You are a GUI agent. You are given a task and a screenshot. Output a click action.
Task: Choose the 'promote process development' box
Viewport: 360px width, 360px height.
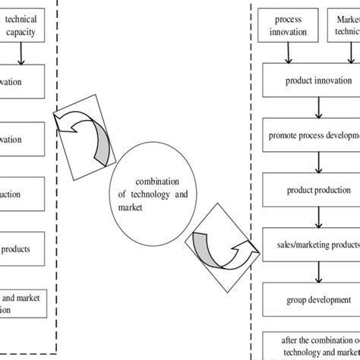click(311, 137)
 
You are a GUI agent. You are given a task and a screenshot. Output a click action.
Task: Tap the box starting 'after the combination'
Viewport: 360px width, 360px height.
click(311, 345)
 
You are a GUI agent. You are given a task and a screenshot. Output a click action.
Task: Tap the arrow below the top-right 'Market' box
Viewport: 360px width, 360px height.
click(343, 51)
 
